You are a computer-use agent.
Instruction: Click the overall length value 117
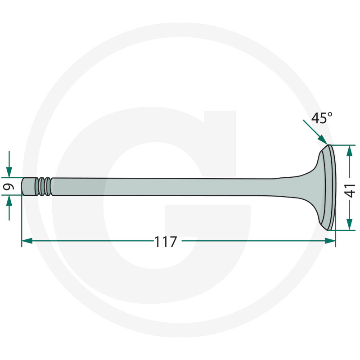pyautogui.click(x=166, y=242)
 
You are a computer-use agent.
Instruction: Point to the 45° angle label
pyautogui.click(x=322, y=118)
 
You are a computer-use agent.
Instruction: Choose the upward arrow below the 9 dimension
pyautogui.click(x=9, y=201)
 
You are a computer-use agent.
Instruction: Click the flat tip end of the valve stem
pyautogui.click(x=22, y=186)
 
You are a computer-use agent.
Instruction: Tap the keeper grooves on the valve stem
pyautogui.click(x=44, y=186)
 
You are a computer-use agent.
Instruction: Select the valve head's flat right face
pyautogui.click(x=333, y=187)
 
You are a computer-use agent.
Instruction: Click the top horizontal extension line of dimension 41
pyautogui.click(x=345, y=145)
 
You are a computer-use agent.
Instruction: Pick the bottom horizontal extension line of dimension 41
pyautogui.click(x=345, y=230)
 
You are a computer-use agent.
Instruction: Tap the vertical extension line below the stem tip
pyautogui.click(x=22, y=220)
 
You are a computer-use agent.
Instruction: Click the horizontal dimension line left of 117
pyautogui.click(x=90, y=241)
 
